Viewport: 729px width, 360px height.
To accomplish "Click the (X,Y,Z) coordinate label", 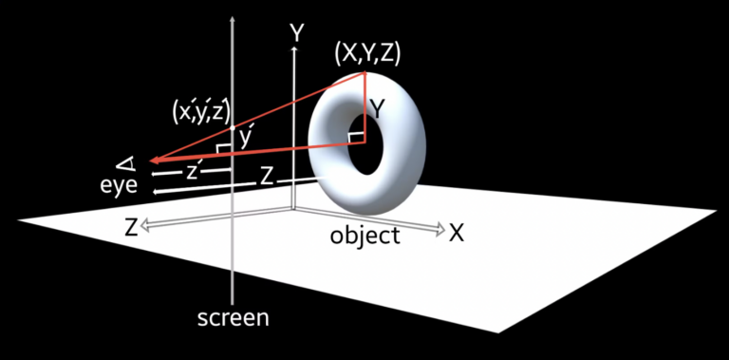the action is (367, 54).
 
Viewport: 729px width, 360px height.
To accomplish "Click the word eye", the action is (120, 185).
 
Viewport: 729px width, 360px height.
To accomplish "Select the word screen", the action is (233, 317).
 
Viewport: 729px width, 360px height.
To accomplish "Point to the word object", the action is (364, 236).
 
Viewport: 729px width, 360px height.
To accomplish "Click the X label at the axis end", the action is (457, 232).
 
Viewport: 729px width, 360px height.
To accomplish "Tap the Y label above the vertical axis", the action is (297, 33).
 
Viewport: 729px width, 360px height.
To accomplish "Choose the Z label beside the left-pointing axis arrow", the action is (131, 227).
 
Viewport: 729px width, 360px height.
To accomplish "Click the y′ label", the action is (246, 139).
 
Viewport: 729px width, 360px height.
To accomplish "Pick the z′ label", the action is (194, 171).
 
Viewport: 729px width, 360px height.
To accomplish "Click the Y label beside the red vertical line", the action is (377, 109).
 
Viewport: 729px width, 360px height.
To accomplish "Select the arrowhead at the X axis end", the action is (440, 229).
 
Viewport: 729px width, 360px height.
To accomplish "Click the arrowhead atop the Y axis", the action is (296, 49).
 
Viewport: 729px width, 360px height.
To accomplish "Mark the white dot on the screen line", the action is (233, 125).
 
